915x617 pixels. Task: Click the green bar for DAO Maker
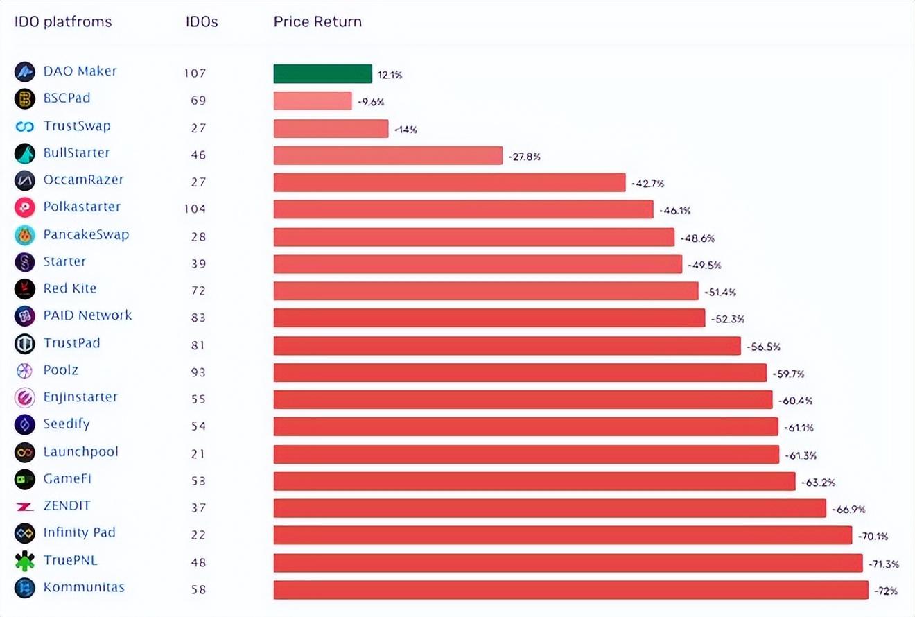pyautogui.click(x=322, y=73)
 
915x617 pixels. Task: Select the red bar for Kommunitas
pyautogui.click(x=570, y=590)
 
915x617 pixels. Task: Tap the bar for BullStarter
pyautogui.click(x=387, y=155)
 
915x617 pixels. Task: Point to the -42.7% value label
pyautogui.click(x=647, y=184)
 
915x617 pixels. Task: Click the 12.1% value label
pyautogui.click(x=390, y=75)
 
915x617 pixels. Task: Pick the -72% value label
pyautogui.click(x=886, y=591)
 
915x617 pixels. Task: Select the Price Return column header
pyautogui.click(x=317, y=21)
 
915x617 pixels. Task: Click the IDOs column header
pyautogui.click(x=202, y=21)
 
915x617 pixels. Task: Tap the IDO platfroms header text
pyautogui.click(x=63, y=21)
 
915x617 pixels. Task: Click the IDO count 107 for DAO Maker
pyautogui.click(x=195, y=73)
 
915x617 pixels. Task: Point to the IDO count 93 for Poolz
pyautogui.click(x=198, y=372)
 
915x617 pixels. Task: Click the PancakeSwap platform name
pyautogui.click(x=86, y=234)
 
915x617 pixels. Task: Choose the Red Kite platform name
pyautogui.click(x=70, y=288)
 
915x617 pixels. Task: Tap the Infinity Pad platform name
pyautogui.click(x=79, y=532)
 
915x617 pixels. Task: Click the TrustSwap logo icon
pyautogui.click(x=24, y=127)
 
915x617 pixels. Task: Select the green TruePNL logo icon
pyautogui.click(x=24, y=561)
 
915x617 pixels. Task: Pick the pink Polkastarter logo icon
pyautogui.click(x=24, y=207)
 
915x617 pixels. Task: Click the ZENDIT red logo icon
pyautogui.click(x=24, y=507)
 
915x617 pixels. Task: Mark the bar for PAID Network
pyautogui.click(x=489, y=318)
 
